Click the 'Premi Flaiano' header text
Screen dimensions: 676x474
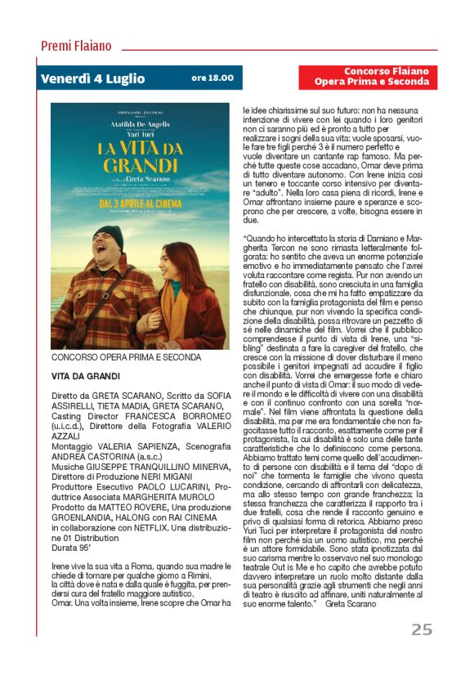pos(76,46)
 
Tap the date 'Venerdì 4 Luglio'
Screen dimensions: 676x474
pos(92,79)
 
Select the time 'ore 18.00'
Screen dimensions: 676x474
pos(212,78)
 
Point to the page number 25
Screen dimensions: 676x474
pos(421,629)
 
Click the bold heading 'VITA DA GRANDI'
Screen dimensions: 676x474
pos(86,376)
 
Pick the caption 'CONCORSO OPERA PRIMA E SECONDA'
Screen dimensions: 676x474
pos(126,357)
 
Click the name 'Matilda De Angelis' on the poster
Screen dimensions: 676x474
pos(140,119)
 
